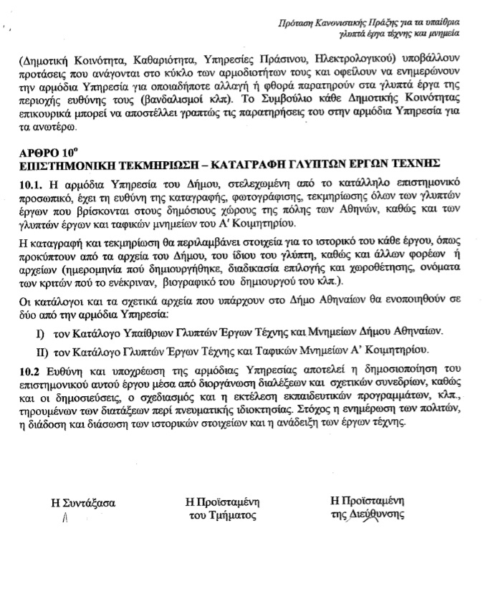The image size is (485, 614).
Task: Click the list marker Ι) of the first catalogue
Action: (40, 332)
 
